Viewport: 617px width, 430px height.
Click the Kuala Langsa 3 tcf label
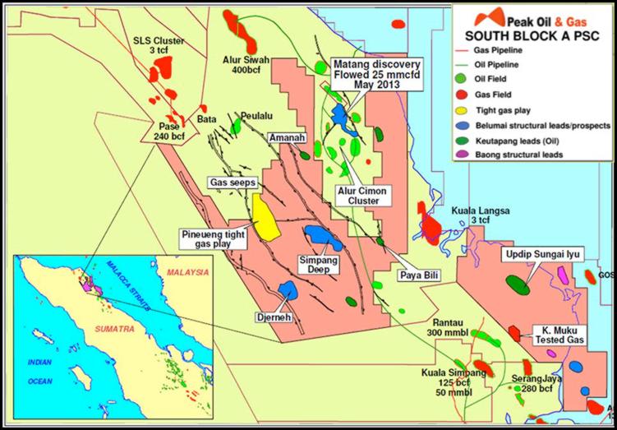coord(480,217)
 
